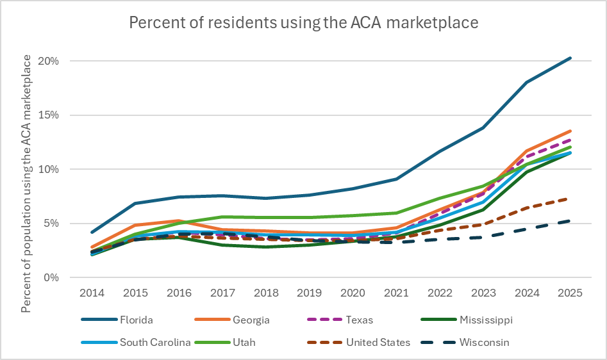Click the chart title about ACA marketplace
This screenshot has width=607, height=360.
303,22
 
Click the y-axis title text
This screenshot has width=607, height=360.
27,183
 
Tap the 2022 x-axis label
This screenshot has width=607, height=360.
440,293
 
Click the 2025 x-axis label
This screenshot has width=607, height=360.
570,293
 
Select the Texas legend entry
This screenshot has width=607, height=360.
359,320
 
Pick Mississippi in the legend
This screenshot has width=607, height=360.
485,320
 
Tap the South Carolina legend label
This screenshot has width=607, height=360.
155,342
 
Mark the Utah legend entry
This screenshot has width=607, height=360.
244,342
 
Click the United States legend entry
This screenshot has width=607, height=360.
378,342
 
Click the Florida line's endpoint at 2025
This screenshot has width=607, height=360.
570,58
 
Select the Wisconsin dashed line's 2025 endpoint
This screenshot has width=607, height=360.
570,221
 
